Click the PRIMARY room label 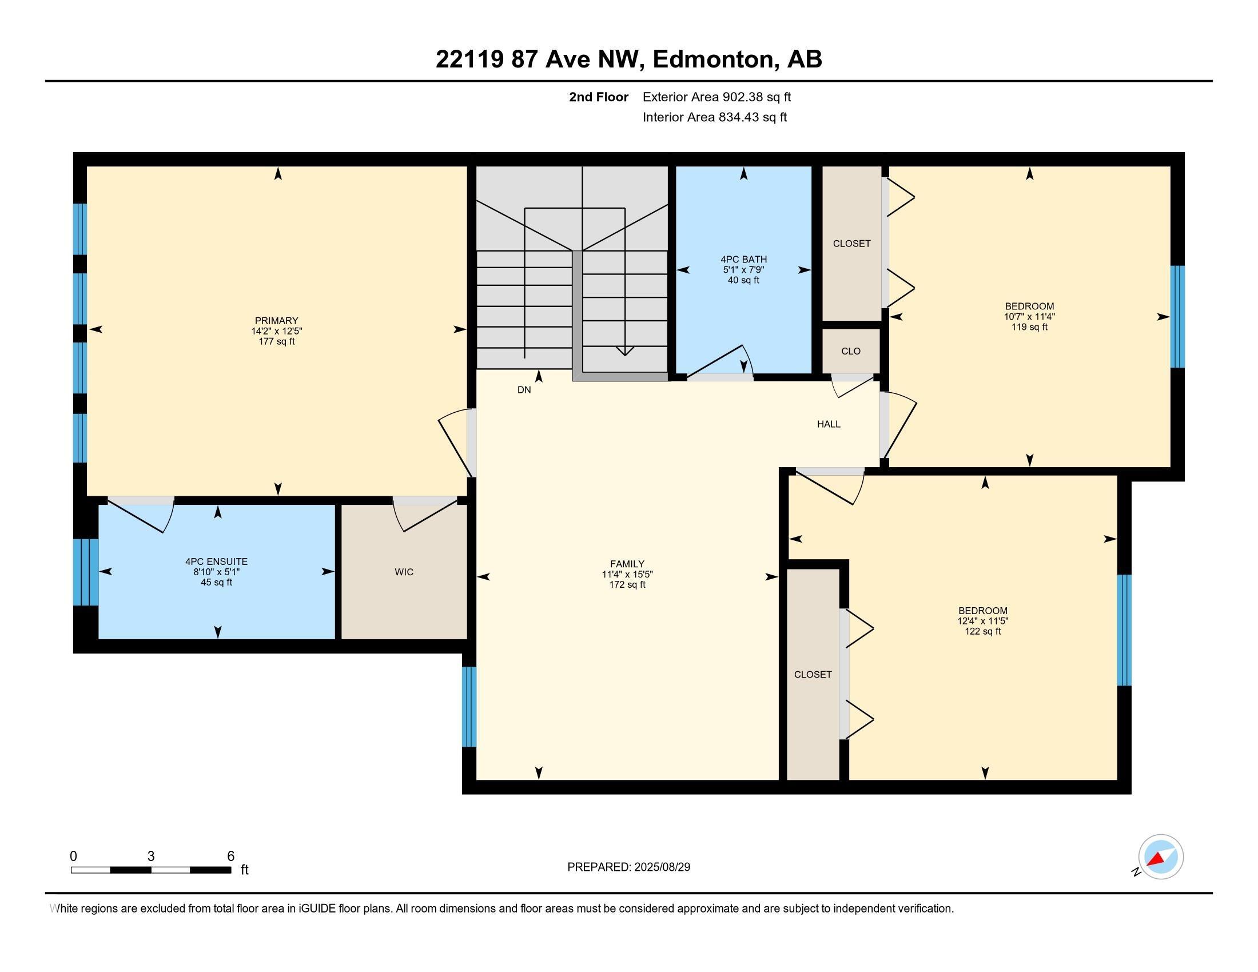coord(277,321)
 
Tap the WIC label coord(404,572)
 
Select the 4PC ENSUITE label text coord(217,561)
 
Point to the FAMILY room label coord(627,564)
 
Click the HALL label coord(829,424)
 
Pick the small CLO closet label coord(851,351)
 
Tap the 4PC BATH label coord(743,260)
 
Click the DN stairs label coord(524,390)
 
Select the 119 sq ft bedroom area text coord(1029,327)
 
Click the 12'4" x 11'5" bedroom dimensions coord(982,622)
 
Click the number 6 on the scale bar coord(230,857)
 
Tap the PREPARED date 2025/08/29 coord(662,867)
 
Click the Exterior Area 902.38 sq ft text coord(716,97)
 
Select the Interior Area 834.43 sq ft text coord(715,117)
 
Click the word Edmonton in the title coord(713,59)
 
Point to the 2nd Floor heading coord(599,97)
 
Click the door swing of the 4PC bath coord(720,361)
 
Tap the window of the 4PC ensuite coord(86,572)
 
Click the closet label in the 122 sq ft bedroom coord(813,674)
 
